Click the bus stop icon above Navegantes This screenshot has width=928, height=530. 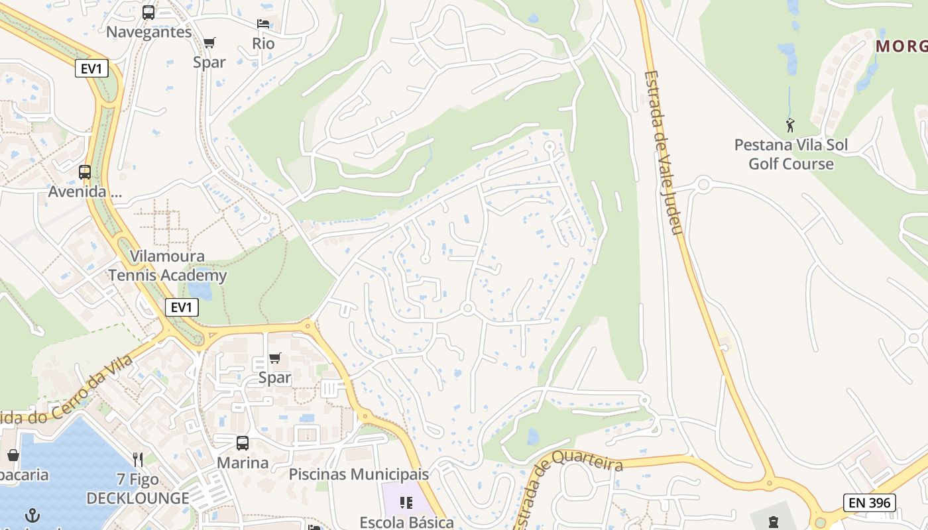click(x=148, y=12)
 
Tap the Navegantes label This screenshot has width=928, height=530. click(x=148, y=32)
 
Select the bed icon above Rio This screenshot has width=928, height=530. click(x=263, y=24)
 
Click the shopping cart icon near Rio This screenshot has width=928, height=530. click(x=209, y=43)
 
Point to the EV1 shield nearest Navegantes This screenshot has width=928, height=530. click(x=91, y=68)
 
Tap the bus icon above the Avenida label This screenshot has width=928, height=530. click(x=85, y=172)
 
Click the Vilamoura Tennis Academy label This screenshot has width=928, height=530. click(x=168, y=266)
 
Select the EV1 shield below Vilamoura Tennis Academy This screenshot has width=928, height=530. click(x=182, y=307)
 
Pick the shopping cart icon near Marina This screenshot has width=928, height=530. click(x=274, y=358)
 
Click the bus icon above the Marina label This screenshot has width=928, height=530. click(x=243, y=443)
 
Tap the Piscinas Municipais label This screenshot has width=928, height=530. click(x=359, y=474)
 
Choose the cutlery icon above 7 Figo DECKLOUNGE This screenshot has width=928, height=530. click(x=138, y=459)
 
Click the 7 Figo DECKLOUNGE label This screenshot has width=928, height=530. click(x=138, y=488)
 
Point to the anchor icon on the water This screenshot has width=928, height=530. click(x=32, y=515)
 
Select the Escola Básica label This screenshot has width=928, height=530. click(x=406, y=522)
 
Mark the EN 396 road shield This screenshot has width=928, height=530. click(x=870, y=503)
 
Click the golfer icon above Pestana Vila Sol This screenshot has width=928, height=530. click(x=790, y=125)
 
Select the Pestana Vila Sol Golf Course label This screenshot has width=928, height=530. click(x=791, y=154)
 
